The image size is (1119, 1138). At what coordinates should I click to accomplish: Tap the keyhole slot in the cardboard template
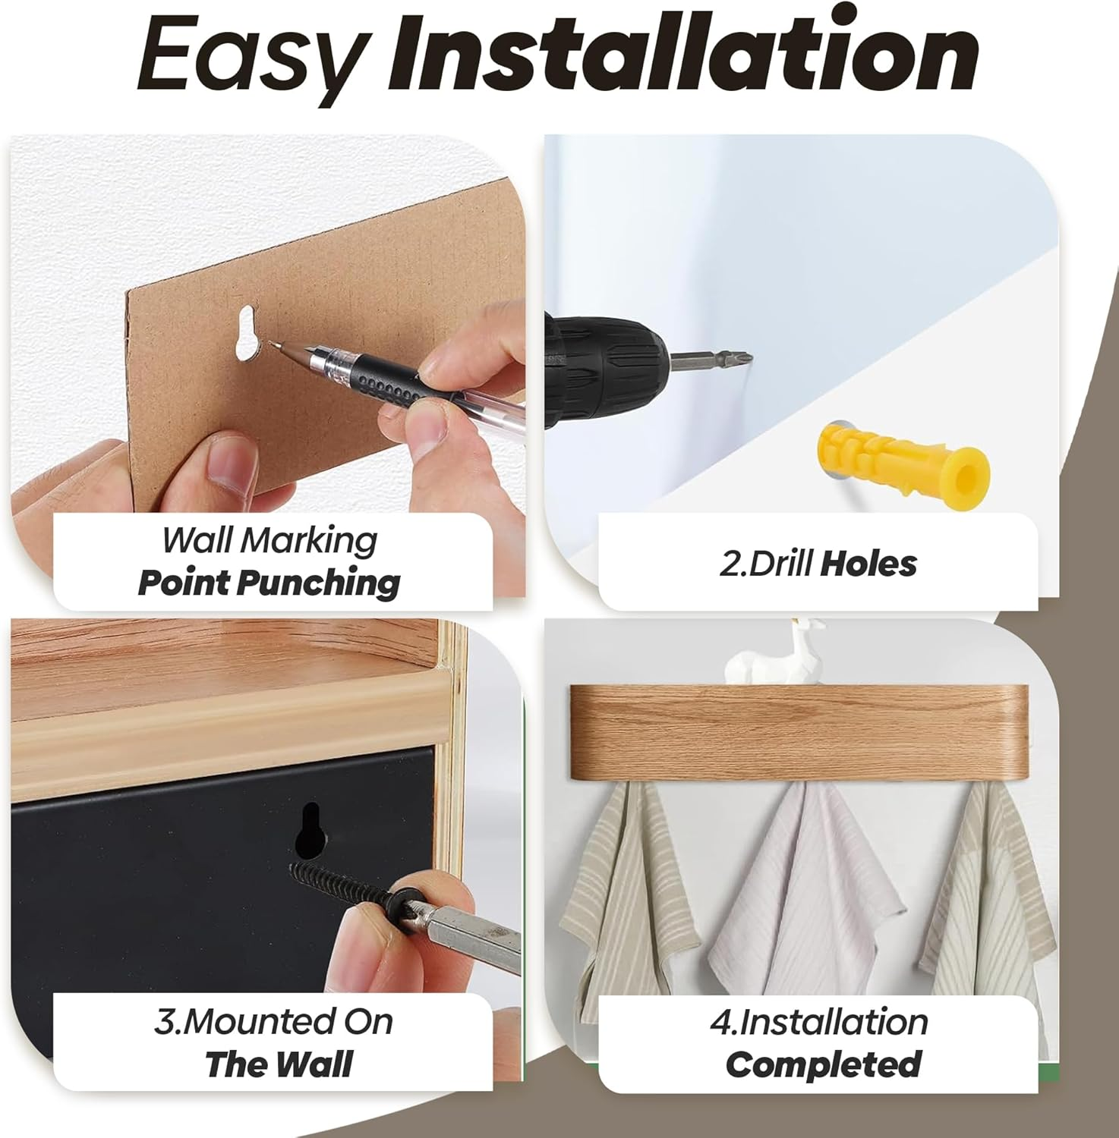point(247,332)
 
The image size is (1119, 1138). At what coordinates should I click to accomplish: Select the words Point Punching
point(269,583)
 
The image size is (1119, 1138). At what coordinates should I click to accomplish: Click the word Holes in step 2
point(869,564)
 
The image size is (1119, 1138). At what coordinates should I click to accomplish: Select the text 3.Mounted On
point(273,1022)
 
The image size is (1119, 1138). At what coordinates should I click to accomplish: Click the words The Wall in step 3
point(279,1064)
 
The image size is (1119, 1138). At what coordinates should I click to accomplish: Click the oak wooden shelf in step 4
point(799,733)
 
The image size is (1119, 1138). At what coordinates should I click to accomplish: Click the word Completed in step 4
point(824,1064)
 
